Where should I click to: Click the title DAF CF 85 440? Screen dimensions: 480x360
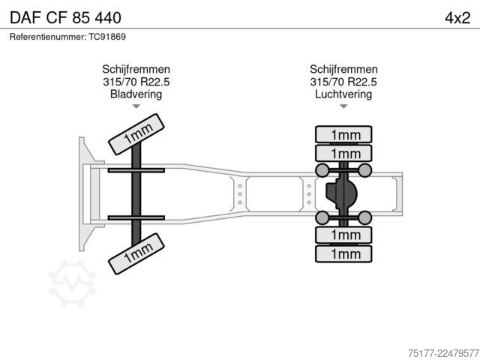65,17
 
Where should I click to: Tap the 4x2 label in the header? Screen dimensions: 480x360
457,18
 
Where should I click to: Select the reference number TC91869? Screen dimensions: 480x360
107,37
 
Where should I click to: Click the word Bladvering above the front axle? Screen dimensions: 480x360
136,94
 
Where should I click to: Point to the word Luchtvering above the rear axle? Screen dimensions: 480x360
343,94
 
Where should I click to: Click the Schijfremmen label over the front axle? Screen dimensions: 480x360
136,69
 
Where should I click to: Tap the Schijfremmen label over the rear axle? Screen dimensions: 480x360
343,69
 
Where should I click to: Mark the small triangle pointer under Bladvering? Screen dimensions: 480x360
136,106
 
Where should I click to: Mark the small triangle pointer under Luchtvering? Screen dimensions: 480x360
343,106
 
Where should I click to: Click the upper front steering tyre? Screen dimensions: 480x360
136,134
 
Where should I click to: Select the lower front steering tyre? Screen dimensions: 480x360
136,253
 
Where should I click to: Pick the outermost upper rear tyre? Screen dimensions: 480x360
343,134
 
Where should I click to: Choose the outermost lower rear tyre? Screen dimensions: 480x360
343,253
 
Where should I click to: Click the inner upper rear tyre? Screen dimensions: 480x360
343,153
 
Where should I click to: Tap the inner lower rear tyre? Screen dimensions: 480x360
343,235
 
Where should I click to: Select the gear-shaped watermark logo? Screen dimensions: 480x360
73,283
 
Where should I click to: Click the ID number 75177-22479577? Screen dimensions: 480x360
443,353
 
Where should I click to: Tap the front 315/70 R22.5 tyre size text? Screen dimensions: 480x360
136,82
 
